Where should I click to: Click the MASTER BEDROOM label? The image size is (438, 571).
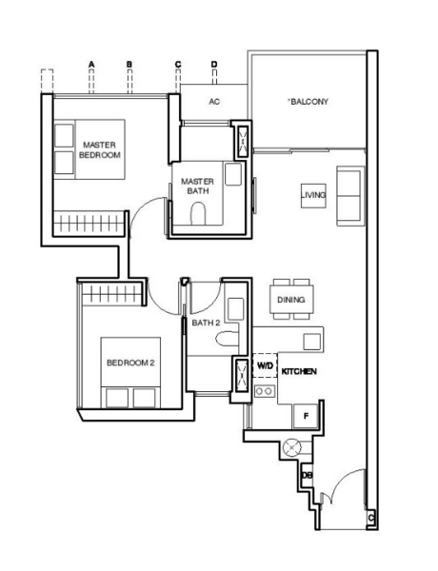100,148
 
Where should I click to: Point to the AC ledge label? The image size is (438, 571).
214,101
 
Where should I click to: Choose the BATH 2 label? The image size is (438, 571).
206,323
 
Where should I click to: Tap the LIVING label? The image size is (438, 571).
313,195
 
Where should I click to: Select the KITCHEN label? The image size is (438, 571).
299,371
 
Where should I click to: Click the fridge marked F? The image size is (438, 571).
305,415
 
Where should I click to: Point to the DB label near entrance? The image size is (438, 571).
308,474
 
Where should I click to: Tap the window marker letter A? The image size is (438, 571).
92,64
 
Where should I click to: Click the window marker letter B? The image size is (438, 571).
129,64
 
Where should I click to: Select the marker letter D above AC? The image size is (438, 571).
214,64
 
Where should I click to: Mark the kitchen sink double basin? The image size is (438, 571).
266,390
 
